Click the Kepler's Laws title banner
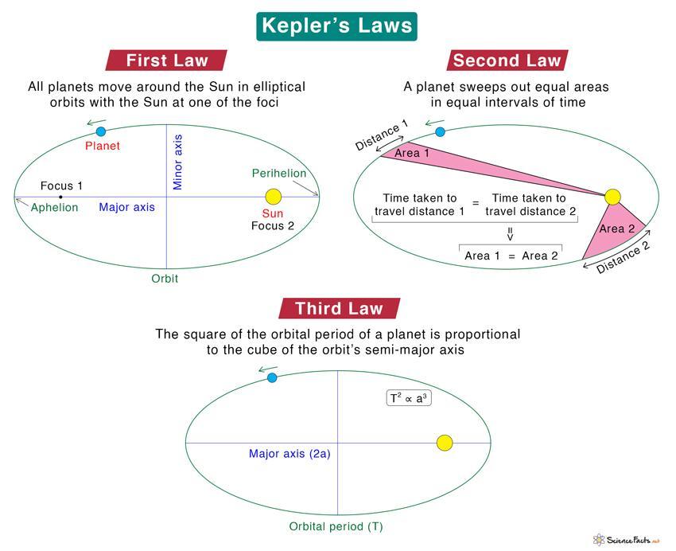336,26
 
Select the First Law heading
166,61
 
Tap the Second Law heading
507,61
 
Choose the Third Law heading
339,308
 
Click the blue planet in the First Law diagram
101,131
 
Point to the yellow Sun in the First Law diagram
274,197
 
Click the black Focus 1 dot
60,197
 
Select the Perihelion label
279,174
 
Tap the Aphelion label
54,208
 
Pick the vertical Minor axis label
177,162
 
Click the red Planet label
102,146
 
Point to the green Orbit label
165,279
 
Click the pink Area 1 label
412,153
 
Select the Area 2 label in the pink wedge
617,229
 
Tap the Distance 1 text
382,135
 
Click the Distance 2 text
623,258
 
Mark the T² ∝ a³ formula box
409,398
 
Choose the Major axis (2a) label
289,454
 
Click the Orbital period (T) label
336,527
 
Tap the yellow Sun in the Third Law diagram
445,443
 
